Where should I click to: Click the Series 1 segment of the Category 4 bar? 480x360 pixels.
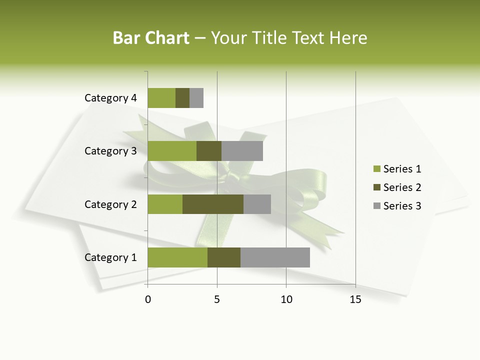(x=161, y=98)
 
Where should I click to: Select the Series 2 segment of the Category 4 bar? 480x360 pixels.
(x=182, y=98)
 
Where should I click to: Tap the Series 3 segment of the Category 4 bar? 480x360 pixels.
(x=196, y=98)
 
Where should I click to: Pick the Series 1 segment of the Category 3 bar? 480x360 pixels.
(x=172, y=151)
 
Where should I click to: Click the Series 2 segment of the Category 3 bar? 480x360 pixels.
(x=209, y=151)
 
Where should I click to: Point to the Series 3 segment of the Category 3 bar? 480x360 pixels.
(x=242, y=151)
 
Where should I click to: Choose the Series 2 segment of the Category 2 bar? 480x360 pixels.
(x=213, y=204)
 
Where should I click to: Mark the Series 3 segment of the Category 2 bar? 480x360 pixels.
(x=257, y=204)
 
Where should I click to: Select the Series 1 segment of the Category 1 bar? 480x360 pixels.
(x=177, y=257)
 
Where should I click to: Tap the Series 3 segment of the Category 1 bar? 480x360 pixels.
(x=275, y=257)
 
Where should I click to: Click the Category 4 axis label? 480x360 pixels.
(x=110, y=98)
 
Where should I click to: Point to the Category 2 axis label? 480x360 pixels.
(x=110, y=204)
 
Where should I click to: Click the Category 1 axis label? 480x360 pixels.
(x=110, y=257)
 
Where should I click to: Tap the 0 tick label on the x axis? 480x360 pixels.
(x=147, y=300)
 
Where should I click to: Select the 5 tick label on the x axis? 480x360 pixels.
(x=217, y=300)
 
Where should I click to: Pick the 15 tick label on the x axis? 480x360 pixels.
(x=355, y=300)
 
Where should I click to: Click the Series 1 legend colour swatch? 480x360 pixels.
(x=376, y=169)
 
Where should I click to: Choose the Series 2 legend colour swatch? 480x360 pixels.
(x=376, y=187)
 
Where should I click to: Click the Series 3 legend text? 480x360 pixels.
(x=402, y=206)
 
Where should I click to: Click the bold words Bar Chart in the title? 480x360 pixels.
(x=151, y=38)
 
